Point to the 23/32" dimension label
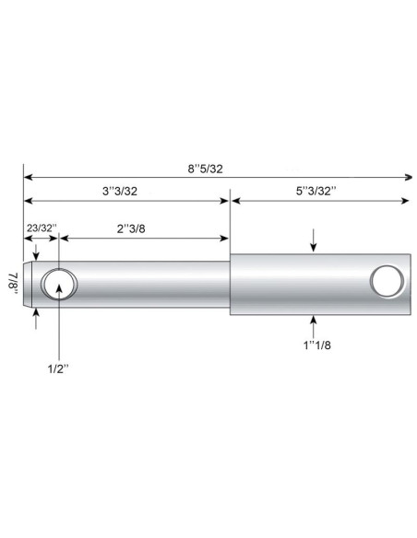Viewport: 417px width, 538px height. coord(42,227)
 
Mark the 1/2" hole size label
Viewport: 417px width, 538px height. coord(60,370)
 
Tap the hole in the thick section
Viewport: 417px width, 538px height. coord(386,279)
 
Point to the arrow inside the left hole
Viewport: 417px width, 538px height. coord(60,289)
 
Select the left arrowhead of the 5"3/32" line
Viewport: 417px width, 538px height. coord(235,200)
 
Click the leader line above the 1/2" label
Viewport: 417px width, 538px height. coord(60,332)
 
